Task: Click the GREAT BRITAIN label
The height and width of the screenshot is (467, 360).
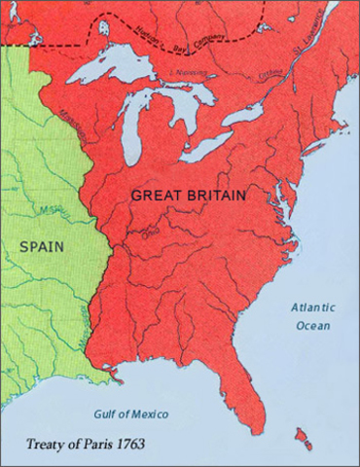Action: (189, 195)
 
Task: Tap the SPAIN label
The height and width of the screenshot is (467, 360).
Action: (41, 246)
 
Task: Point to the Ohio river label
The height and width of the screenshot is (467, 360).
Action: (152, 231)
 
